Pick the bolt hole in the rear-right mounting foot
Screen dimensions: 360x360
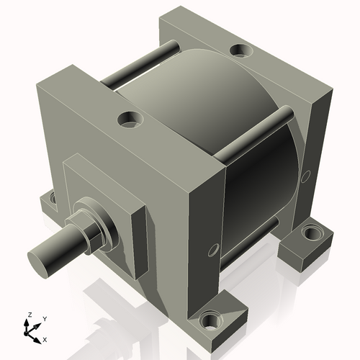[312, 233]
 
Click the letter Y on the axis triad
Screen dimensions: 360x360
[44, 318]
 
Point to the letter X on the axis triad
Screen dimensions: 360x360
[45, 338]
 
